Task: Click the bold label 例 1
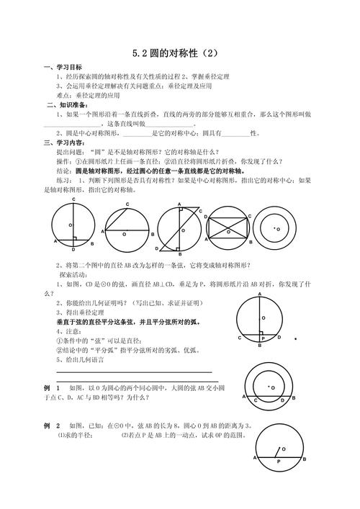[x=52, y=387]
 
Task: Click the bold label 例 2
[x=52, y=425]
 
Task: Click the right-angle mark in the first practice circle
[x=73, y=238]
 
